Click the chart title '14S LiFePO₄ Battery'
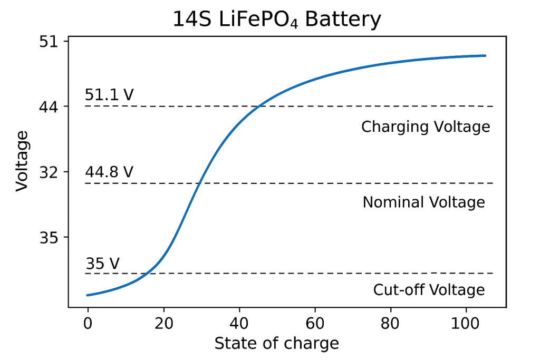[276, 20]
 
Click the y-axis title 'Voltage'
[22, 161]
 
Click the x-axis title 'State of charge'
[276, 344]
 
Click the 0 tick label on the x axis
[88, 320]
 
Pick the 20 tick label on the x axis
[163, 320]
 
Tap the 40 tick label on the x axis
[239, 320]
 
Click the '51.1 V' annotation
[109, 95]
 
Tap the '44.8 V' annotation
[109, 172]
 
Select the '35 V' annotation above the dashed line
[103, 263]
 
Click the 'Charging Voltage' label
[426, 127]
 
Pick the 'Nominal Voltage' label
[423, 202]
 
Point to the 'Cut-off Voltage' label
[429, 290]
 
